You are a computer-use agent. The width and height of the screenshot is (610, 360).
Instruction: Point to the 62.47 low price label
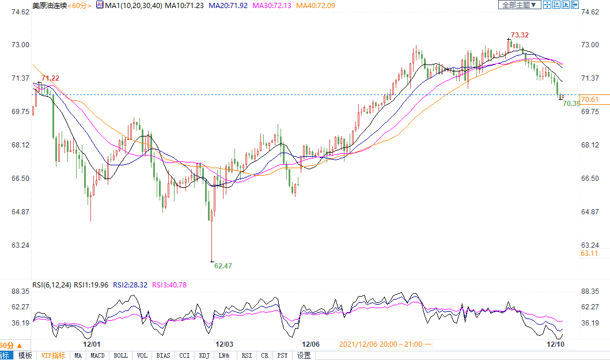pos(223,266)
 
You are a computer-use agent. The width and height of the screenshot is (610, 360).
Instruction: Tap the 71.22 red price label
pos(50,78)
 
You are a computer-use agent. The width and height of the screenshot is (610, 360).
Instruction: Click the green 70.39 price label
pos(571,104)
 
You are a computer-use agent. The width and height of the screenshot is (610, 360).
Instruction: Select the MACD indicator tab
pos(97,355)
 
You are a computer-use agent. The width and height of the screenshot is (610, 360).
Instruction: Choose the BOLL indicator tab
pos(120,355)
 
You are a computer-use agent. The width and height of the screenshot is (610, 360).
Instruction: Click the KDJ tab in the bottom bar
pos(204,355)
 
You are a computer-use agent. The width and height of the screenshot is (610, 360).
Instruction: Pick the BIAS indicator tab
pos(163,355)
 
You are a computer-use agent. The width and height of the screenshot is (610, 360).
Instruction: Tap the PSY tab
pos(282,355)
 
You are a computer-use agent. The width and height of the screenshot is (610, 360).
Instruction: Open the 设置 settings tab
pos(304,355)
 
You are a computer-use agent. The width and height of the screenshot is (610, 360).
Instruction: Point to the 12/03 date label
pos(224,344)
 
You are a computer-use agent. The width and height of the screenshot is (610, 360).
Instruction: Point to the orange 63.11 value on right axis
pos(589,253)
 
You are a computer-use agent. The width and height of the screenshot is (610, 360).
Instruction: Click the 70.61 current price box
pos(590,99)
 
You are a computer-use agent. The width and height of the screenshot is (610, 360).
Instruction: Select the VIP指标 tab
pos(53,355)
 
